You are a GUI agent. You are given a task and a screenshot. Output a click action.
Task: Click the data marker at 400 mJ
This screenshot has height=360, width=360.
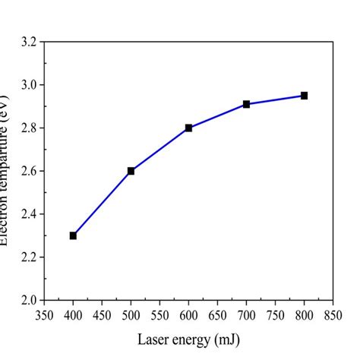tap(73, 235)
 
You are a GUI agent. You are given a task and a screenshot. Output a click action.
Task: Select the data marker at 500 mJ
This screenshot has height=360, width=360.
tap(131, 171)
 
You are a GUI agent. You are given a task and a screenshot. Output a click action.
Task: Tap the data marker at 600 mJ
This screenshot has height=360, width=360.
tap(188, 128)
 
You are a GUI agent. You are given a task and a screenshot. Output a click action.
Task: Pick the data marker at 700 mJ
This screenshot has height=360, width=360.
tap(246, 104)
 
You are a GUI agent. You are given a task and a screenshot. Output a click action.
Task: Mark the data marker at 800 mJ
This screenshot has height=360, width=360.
tap(304, 96)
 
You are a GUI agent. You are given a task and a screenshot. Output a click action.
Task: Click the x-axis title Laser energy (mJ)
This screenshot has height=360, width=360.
tap(188, 338)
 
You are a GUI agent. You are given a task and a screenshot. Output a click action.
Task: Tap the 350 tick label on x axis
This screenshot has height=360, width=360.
tap(44, 314)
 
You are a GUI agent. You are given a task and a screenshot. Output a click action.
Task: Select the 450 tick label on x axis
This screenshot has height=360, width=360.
tap(102, 314)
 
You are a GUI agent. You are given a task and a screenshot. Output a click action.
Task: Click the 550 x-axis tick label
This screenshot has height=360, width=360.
tap(159, 314)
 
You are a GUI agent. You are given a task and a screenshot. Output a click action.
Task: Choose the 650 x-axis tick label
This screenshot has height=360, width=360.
tap(217, 314)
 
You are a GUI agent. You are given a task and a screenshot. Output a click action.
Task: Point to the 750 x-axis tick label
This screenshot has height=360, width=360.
tap(275, 314)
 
